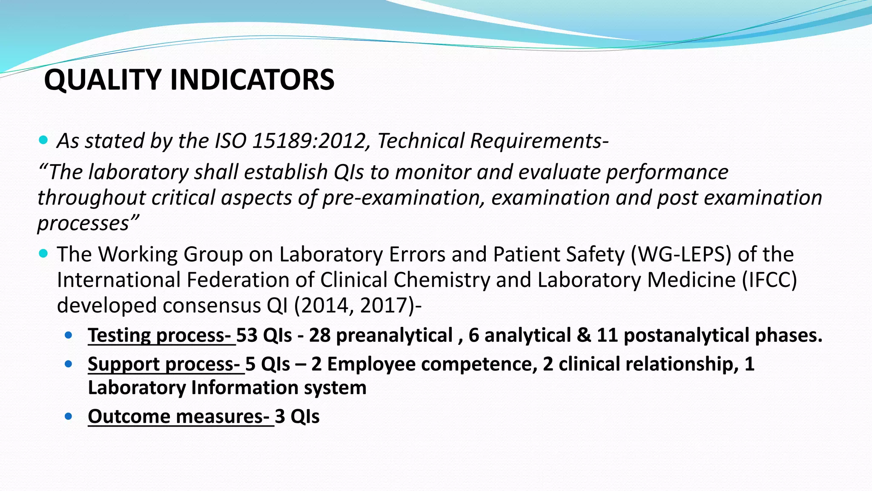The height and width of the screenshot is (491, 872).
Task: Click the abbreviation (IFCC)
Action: click(769, 280)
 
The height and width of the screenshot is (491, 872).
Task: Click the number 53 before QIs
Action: click(247, 335)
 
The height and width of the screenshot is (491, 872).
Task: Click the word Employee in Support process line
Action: click(370, 364)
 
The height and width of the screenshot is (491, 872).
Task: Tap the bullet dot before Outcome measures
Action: click(69, 416)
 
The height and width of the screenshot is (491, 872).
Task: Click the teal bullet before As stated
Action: click(43, 140)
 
